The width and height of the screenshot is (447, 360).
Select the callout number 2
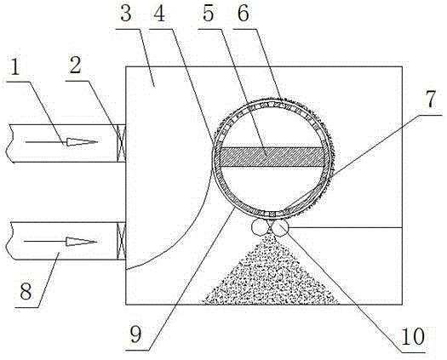coord(75,66)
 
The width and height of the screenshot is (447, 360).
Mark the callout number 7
coord(431,100)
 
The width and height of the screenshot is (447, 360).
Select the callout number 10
coord(412,336)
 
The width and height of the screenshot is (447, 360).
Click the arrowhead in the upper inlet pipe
coord(82,142)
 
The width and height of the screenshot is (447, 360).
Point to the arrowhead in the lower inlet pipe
coord(82,242)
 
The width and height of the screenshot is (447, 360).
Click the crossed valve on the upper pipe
coord(122,143)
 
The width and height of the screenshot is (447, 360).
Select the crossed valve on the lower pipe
coord(122,241)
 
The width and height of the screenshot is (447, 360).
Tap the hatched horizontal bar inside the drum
coord(272,157)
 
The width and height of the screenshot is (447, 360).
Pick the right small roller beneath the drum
coord(280,227)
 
